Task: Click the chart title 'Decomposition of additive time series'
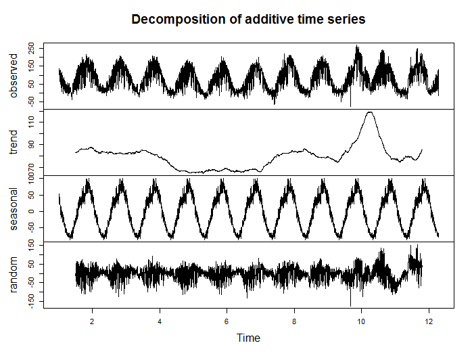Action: [x=248, y=20]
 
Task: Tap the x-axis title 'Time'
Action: [x=248, y=338]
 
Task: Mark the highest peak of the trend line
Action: [x=369, y=112]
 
